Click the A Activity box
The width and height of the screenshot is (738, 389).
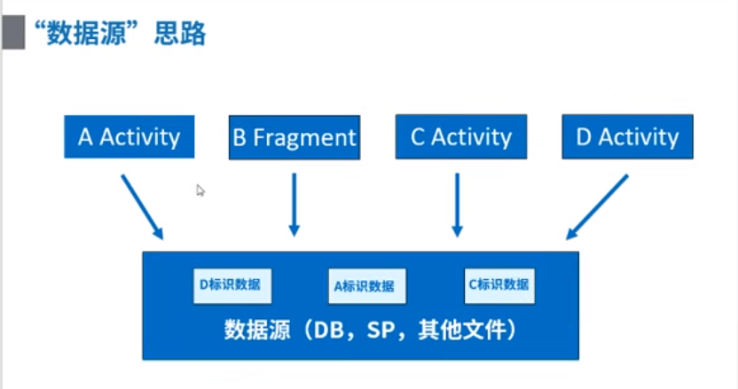(130, 136)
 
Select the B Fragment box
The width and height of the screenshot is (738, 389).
(294, 137)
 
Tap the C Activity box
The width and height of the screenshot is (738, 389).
(461, 136)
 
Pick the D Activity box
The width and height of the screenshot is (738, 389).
(627, 136)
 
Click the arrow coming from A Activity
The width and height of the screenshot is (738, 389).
(142, 206)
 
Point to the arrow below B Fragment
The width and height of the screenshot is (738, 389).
(294, 204)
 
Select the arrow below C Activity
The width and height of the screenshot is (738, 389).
(457, 204)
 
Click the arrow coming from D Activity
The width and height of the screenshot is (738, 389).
(597, 206)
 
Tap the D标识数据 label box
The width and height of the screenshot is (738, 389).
(232, 284)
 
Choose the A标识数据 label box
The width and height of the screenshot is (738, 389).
(368, 286)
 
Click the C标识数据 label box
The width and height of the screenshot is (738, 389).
(499, 284)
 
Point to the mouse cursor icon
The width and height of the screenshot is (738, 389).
(200, 190)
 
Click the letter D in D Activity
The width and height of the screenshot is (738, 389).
(583, 136)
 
